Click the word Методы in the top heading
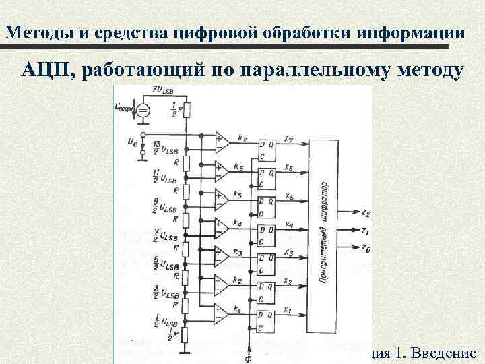click(39, 32)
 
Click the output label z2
click(365, 214)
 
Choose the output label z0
click(365, 250)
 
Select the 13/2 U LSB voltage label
click(162, 149)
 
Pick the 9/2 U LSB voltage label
click(163, 204)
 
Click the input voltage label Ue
click(131, 141)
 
